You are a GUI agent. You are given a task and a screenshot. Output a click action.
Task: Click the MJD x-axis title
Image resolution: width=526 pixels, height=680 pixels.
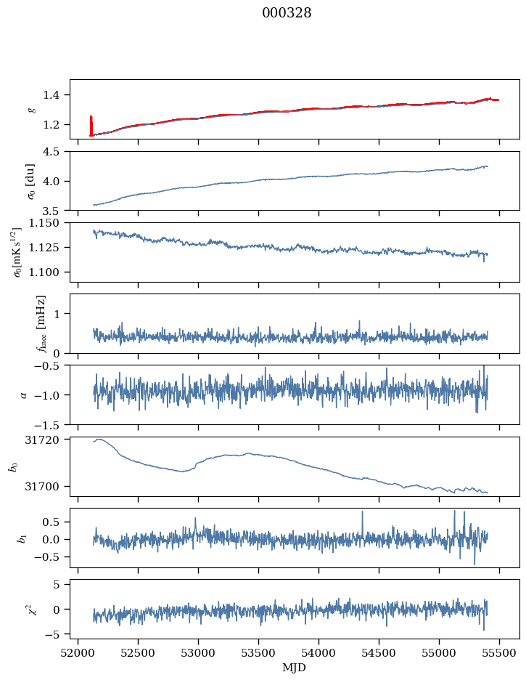pyautogui.click(x=295, y=667)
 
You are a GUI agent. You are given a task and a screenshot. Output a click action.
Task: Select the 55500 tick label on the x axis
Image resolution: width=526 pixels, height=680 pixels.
pyautogui.click(x=499, y=652)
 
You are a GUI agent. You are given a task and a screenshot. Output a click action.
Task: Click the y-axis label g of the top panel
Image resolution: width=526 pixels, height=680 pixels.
pyautogui.click(x=31, y=110)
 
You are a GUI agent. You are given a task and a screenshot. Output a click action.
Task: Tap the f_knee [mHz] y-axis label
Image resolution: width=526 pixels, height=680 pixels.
pyautogui.click(x=41, y=323)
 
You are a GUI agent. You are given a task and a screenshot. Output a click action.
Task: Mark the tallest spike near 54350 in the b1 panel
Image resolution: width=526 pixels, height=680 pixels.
pyautogui.click(x=361, y=514)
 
